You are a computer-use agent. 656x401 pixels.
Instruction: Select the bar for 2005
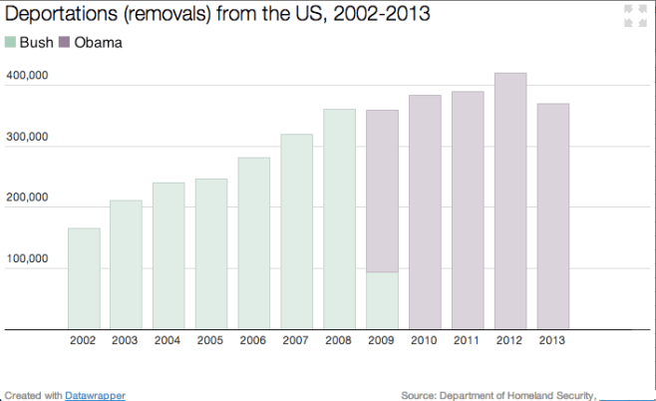[x=211, y=253]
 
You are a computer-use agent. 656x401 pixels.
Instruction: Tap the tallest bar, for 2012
[x=510, y=200]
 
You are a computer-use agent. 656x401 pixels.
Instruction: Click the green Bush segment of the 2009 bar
[x=383, y=300]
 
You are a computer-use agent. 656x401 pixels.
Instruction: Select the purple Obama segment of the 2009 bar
[x=383, y=191]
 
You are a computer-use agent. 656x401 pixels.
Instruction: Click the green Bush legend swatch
[x=11, y=43]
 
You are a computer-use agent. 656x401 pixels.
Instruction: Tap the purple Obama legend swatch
[x=66, y=43]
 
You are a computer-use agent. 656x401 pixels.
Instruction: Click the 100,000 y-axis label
[x=27, y=258]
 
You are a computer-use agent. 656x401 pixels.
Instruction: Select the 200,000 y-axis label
[x=27, y=198]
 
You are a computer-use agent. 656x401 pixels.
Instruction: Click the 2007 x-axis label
[x=296, y=341]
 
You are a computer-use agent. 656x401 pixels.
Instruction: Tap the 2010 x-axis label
[x=425, y=341]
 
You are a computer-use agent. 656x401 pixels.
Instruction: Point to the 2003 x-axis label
[x=126, y=341]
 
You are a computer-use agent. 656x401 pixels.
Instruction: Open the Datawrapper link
[x=96, y=395]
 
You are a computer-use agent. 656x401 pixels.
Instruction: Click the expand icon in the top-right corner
[x=629, y=15]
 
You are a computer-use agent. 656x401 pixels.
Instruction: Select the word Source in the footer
[x=419, y=395]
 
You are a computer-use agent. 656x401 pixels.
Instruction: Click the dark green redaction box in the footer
[x=624, y=394]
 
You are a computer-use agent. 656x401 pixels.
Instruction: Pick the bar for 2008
[x=340, y=218]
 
